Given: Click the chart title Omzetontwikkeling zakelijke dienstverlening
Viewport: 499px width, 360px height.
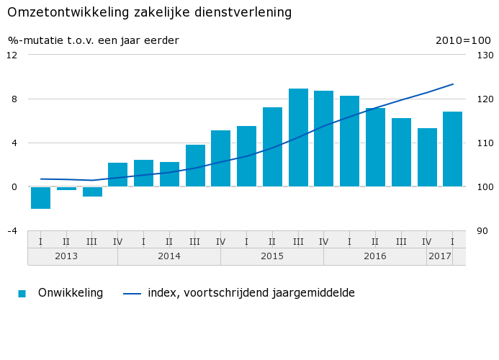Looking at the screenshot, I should pyautogui.click(x=150, y=13).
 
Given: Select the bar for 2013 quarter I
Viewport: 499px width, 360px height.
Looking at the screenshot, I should pyautogui.click(x=40, y=197).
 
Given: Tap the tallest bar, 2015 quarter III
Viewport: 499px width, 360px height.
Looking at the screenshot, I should pyautogui.click(x=298, y=138).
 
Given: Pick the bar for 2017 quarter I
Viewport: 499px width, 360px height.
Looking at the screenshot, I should pyautogui.click(x=452, y=149).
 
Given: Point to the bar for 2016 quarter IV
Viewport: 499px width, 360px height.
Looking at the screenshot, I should pyautogui.click(x=427, y=157).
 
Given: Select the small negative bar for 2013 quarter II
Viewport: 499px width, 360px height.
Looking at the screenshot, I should pyautogui.click(x=66, y=189).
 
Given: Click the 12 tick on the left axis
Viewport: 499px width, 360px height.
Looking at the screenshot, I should pyautogui.click(x=12, y=55).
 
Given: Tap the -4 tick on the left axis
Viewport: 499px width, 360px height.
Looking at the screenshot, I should pyautogui.click(x=12, y=231).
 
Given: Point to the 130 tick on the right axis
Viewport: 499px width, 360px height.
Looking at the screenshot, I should pyautogui.click(x=485, y=55).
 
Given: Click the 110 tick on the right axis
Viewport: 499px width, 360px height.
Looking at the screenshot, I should pyautogui.click(x=485, y=143).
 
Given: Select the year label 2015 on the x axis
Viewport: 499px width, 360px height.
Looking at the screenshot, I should pyautogui.click(x=272, y=256).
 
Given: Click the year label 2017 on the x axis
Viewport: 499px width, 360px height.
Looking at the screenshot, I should pyautogui.click(x=439, y=256).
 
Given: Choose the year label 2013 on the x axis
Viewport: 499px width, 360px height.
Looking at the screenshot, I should pyautogui.click(x=66, y=256).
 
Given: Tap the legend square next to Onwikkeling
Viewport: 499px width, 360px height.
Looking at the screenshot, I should pyautogui.click(x=22, y=294).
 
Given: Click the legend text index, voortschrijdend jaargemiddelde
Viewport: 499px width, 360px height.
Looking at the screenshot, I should pyautogui.click(x=251, y=293).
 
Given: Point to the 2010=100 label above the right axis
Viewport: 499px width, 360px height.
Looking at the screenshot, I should pyautogui.click(x=462, y=40).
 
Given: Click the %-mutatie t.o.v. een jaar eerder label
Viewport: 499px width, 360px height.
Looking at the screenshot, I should pyautogui.click(x=94, y=40).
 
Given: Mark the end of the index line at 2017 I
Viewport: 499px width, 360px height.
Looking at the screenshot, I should pyautogui.click(x=452, y=84).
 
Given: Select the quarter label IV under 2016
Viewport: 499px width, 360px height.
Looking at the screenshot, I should pyautogui.click(x=426, y=241).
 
